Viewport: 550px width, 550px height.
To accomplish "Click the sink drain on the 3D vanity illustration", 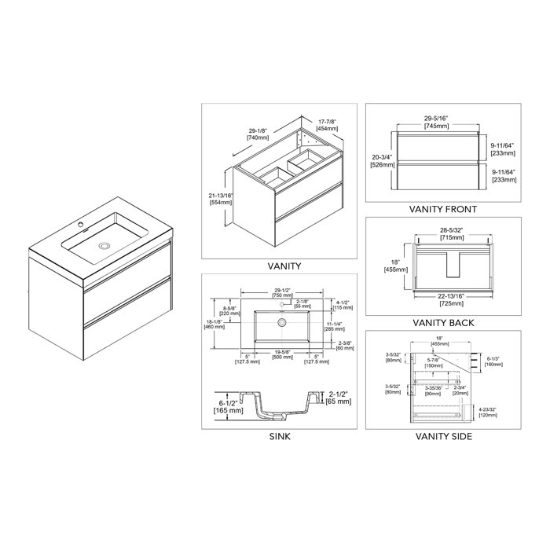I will tap(103, 246).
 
